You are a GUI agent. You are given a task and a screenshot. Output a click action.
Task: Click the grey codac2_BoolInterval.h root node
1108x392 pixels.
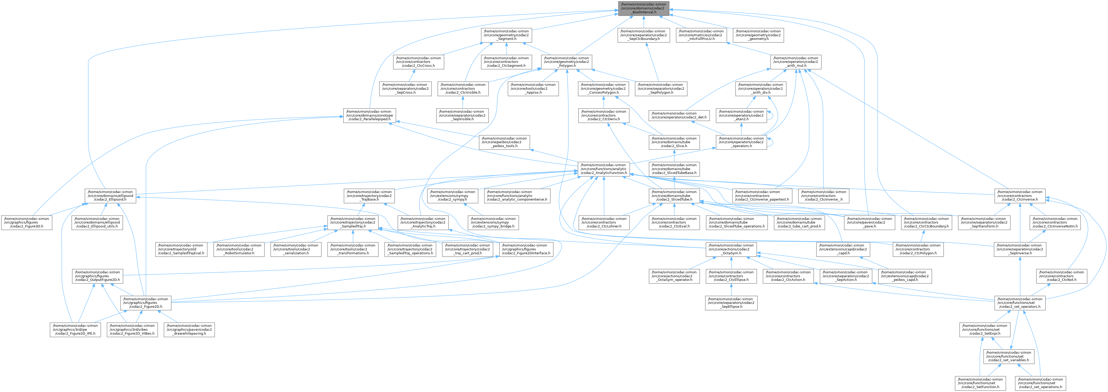(643, 8)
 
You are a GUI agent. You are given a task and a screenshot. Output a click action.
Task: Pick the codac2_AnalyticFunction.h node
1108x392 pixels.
(604, 169)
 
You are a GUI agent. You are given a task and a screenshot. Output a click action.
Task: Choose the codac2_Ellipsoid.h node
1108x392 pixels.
(110, 196)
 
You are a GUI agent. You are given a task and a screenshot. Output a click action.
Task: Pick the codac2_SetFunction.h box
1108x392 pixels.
(979, 383)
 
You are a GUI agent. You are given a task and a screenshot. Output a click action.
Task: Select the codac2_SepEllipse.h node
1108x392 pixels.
(731, 303)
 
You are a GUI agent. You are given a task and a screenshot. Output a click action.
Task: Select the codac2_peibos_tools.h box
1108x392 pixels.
(504, 142)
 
